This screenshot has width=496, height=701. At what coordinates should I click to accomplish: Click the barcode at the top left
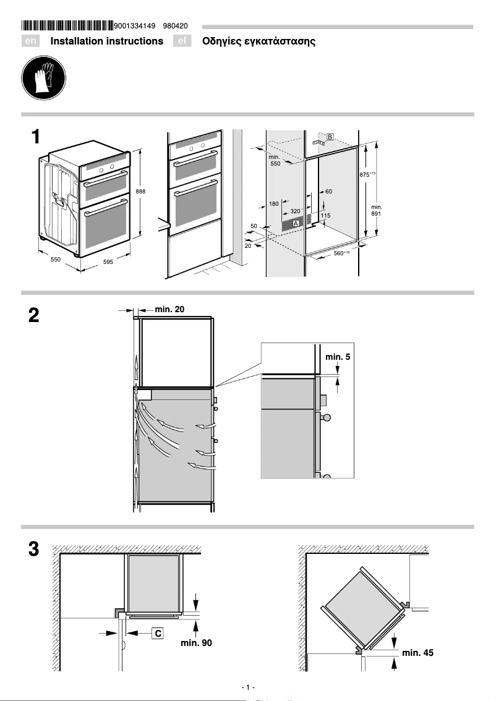point(67,26)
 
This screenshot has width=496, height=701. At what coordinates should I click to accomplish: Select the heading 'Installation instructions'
point(107,41)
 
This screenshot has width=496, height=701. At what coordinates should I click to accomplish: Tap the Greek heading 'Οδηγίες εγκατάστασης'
point(259,41)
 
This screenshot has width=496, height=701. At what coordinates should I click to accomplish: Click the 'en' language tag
point(31,41)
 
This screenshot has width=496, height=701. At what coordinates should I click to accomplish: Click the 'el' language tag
point(182,41)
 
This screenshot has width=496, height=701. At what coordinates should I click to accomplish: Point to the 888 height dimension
point(140,192)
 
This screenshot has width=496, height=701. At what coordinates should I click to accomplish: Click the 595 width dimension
point(108,262)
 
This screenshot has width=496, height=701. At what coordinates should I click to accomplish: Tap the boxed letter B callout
point(330,137)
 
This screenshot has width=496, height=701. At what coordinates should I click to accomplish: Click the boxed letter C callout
point(158,633)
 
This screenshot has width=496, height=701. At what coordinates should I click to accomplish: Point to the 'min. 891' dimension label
point(377,210)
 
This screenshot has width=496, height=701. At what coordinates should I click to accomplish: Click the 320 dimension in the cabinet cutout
point(295,211)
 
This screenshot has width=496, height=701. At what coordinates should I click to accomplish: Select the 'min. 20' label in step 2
point(169,308)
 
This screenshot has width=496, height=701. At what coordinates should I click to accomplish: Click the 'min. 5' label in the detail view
point(338,357)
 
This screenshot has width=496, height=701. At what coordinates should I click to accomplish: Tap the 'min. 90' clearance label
point(196,644)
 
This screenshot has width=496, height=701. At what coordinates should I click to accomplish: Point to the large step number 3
point(34,549)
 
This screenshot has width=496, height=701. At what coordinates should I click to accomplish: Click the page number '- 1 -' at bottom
point(248,687)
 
